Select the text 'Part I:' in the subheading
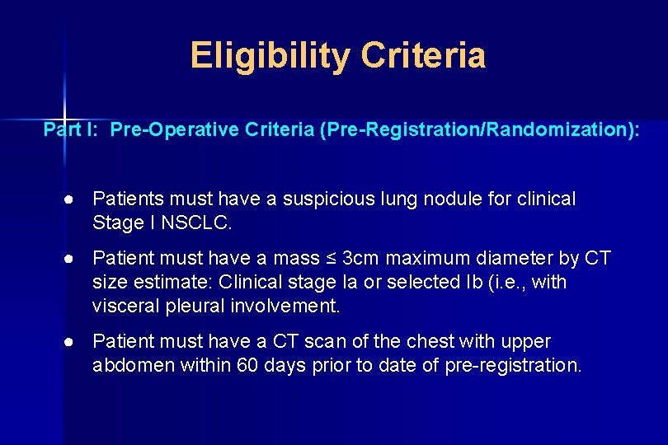pyautogui.click(x=72, y=130)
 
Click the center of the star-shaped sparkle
pyautogui.click(x=64, y=115)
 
